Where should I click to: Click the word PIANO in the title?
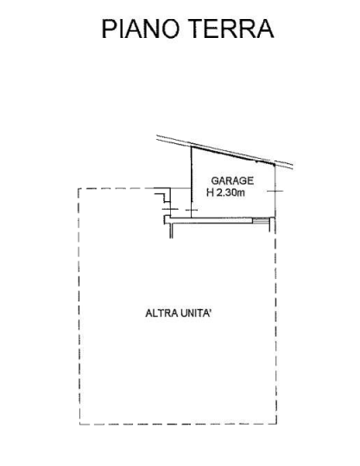(x=141, y=28)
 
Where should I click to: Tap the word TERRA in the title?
(x=231, y=28)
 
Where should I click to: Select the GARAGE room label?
(x=232, y=180)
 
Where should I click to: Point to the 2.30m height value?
(x=231, y=192)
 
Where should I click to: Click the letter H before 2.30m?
(x=210, y=192)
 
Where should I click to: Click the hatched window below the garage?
(x=261, y=220)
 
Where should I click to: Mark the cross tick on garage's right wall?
(x=275, y=191)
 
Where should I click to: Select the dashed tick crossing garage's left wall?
(x=192, y=210)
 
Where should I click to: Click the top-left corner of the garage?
(x=192, y=147)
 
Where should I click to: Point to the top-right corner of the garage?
(x=275, y=164)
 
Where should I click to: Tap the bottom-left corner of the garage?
(x=192, y=217)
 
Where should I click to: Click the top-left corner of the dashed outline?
(x=79, y=188)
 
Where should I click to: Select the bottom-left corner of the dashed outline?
(x=79, y=425)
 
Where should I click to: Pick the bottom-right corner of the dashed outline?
(x=277, y=424)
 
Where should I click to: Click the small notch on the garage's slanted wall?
(x=256, y=162)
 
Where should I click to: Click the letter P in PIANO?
(x=108, y=28)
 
